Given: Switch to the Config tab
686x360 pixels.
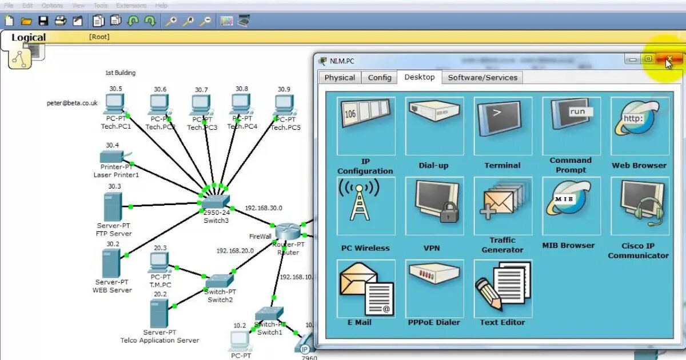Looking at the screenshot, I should click(x=380, y=78).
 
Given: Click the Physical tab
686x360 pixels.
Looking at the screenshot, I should click(x=340, y=78).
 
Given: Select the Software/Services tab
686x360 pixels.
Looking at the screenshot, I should click(x=482, y=78).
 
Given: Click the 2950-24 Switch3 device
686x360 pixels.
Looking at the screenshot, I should click(x=216, y=201).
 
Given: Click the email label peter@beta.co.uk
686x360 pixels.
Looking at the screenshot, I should click(x=72, y=103).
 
